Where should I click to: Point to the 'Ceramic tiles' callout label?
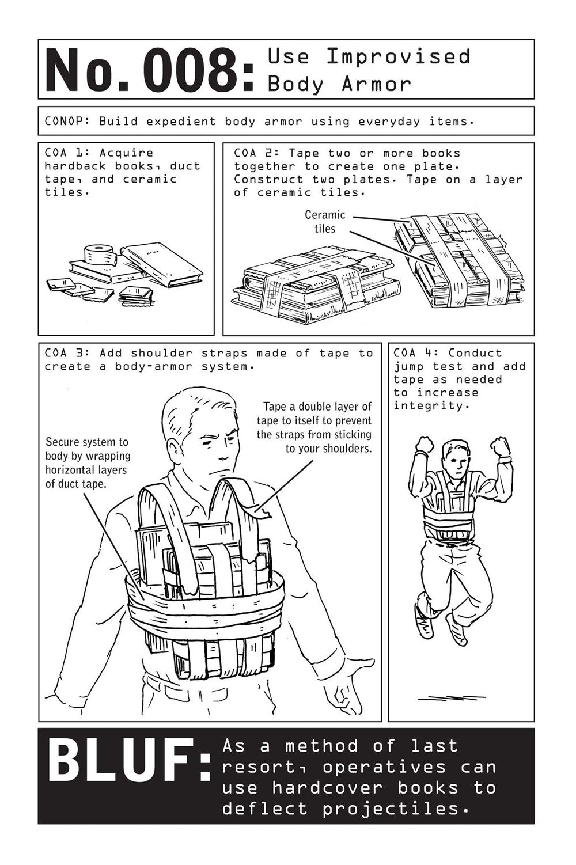325,222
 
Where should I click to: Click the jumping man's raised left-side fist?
425,444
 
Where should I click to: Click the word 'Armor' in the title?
377,84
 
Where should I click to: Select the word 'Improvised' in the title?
399,56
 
